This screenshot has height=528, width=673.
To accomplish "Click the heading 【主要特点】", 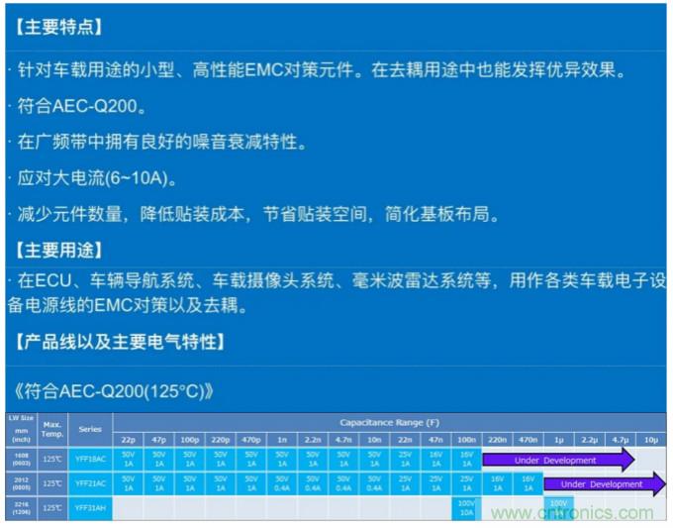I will click(x=59, y=27).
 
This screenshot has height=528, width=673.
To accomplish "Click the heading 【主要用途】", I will click(x=59, y=249).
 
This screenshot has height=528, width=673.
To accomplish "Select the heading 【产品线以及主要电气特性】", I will click(x=120, y=342).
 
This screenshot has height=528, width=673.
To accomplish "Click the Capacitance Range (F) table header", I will click(x=390, y=423).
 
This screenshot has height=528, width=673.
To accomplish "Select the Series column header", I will click(x=90, y=430).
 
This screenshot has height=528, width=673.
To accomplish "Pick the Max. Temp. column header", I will click(x=52, y=430).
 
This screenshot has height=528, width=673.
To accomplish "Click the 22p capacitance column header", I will click(x=129, y=438).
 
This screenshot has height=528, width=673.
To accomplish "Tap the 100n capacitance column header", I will click(x=465, y=438).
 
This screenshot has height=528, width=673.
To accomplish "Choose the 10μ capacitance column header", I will click(x=650, y=438).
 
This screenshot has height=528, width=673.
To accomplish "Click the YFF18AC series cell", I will click(x=90, y=460).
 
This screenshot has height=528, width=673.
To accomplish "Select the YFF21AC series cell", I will click(x=90, y=483).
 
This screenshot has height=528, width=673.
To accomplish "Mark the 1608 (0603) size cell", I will click(x=20, y=460).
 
